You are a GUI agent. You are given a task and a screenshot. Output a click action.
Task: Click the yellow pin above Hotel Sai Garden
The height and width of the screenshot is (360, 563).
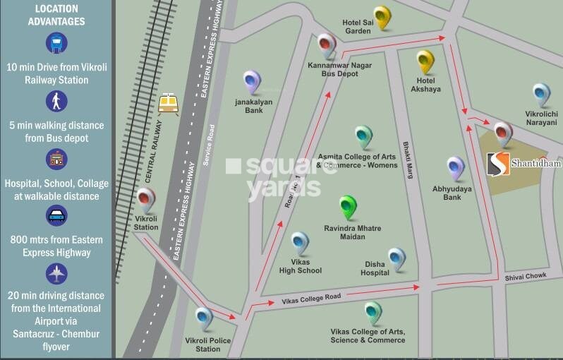[x=382, y=17]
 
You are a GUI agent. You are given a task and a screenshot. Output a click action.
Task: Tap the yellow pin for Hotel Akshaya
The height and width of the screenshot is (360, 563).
[x=425, y=61]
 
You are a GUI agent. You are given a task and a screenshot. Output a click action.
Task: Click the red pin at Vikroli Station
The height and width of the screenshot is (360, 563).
[x=146, y=200]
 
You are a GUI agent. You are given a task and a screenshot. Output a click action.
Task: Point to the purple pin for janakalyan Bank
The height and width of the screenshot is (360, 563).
[x=252, y=82]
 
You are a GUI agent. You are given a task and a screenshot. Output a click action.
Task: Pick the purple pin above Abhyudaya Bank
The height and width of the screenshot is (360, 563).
[x=456, y=168]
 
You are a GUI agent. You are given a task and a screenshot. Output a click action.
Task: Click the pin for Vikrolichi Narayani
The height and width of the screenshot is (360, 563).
[x=541, y=95]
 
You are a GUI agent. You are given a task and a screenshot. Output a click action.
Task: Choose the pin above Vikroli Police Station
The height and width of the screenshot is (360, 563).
[x=204, y=319]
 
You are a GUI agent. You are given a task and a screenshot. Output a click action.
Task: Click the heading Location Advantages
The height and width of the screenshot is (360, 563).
[x=56, y=16]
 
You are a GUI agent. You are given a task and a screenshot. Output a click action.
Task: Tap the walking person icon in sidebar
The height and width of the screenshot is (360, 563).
[x=56, y=101]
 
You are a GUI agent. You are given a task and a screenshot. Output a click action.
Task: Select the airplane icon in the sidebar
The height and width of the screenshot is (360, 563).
[x=56, y=272]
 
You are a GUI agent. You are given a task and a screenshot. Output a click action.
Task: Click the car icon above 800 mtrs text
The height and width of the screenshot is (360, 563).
[x=56, y=215]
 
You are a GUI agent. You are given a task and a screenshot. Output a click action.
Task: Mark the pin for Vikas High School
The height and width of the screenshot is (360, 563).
[x=301, y=243]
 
